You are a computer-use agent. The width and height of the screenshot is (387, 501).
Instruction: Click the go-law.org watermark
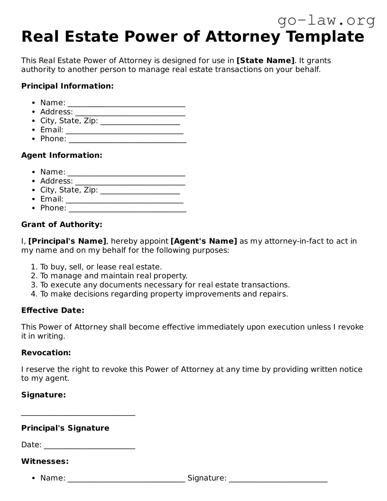[x=326, y=21]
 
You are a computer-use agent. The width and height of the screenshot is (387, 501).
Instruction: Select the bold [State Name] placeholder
[x=265, y=60]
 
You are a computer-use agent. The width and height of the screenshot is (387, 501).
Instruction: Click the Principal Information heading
[x=67, y=86]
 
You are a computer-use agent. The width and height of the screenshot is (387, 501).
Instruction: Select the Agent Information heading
[x=62, y=155]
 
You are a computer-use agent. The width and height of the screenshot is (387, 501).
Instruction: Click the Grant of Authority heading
[x=62, y=224]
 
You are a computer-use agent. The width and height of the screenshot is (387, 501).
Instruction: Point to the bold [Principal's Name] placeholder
[x=67, y=241]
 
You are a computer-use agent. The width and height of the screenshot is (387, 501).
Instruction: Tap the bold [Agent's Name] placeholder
[x=204, y=241]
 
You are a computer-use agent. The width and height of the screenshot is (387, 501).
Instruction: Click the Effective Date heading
[x=53, y=311]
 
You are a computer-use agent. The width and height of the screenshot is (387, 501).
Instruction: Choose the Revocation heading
[x=46, y=353]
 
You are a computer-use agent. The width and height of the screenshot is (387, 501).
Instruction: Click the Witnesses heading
[x=45, y=461]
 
